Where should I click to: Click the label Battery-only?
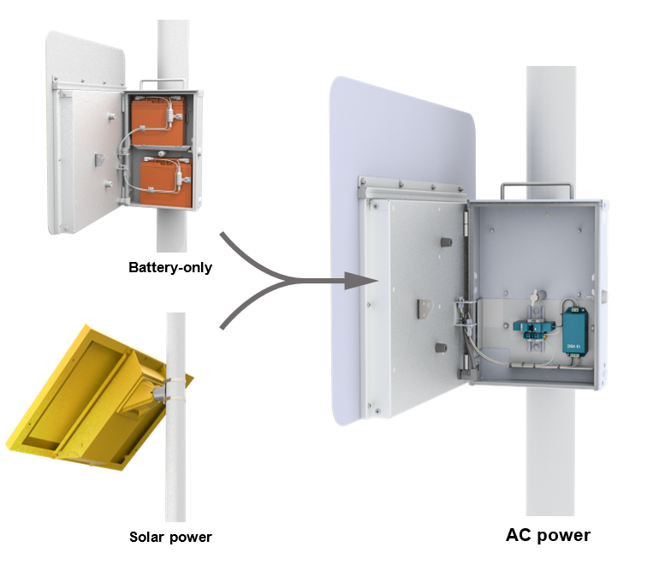[x=170, y=267]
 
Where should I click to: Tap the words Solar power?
[x=170, y=538]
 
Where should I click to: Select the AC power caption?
[x=548, y=536]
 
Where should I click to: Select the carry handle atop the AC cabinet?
[x=525, y=187]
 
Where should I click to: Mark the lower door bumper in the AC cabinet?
[x=440, y=348]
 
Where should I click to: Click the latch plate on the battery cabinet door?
[x=99, y=160]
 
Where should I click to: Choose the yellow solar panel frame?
[x=77, y=402]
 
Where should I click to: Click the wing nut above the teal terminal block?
[x=534, y=296]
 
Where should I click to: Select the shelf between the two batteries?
[x=159, y=150]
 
